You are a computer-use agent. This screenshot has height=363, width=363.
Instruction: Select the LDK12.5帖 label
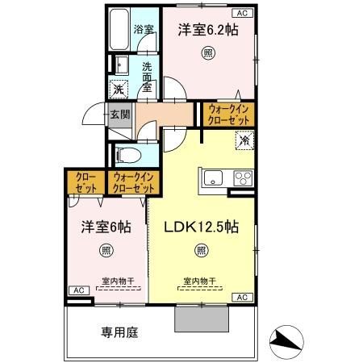(x=202, y=226)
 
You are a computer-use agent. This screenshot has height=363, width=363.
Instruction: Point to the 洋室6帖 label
(x=105, y=227)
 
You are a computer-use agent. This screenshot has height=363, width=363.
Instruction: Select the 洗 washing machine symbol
(x=119, y=90)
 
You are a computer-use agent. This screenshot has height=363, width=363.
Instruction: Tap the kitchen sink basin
(x=214, y=177)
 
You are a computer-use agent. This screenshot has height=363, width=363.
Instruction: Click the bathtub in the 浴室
(x=121, y=30)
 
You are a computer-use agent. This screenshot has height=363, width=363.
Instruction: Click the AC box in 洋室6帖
(x=78, y=290)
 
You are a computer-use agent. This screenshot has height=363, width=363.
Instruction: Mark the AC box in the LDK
(x=241, y=297)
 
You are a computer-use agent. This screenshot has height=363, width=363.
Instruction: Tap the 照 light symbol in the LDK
(x=202, y=250)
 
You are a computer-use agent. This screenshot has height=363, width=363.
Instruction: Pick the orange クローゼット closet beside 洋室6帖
(x=84, y=182)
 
